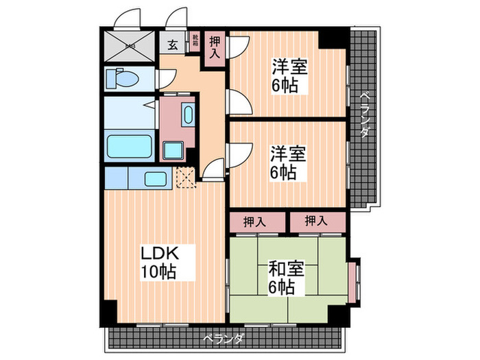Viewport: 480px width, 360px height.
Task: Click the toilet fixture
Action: pos(121,77)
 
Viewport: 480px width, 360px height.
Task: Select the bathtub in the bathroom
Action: pos(130,146)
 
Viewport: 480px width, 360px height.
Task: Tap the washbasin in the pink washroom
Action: pos(188,115)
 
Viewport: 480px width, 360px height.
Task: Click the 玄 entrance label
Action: pos(172,45)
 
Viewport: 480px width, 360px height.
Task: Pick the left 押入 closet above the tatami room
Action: pos(256,221)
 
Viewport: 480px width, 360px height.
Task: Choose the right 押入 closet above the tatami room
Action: pos(315,221)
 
